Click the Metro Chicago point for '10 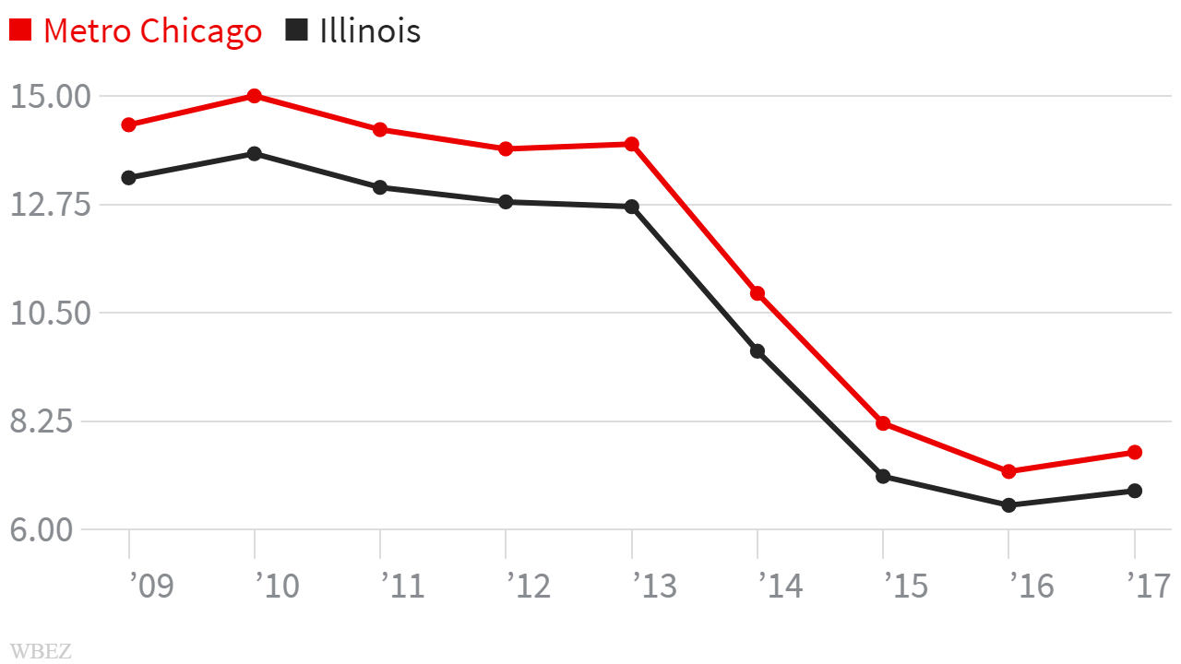[254, 96]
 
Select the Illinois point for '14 [758, 351]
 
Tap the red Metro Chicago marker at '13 [632, 144]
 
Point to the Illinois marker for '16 [1008, 505]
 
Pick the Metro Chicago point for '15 [883, 423]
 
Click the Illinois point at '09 [129, 178]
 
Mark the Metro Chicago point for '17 [1134, 452]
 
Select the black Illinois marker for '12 [506, 202]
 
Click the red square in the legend [20, 30]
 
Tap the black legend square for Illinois [296, 30]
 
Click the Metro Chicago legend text [152, 30]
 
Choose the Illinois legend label [370, 30]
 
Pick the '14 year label [780, 586]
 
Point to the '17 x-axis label [1149, 586]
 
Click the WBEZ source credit [41, 650]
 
